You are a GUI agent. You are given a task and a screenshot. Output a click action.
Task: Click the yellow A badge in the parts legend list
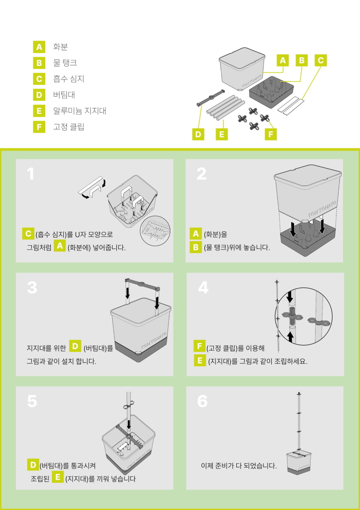(39, 47)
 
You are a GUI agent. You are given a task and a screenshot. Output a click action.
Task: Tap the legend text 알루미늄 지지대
(80, 111)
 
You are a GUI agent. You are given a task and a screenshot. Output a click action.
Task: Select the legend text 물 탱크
(65, 62)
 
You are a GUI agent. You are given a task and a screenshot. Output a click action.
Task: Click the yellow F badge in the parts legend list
(39, 127)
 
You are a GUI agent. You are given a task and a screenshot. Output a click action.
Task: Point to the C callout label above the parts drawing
(321, 60)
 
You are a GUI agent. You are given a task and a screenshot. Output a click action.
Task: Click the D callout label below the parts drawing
(198, 134)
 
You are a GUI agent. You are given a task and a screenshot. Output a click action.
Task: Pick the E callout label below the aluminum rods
(222, 134)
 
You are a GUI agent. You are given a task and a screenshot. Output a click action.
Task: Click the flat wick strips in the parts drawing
(292, 105)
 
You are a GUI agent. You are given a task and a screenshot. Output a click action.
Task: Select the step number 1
(30, 174)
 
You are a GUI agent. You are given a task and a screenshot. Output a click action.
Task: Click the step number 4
(204, 287)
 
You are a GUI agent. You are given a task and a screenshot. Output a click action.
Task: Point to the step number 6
(202, 401)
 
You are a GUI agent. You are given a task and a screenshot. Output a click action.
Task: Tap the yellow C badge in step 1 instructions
(28, 234)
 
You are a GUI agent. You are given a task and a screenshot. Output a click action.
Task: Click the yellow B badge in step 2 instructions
(196, 248)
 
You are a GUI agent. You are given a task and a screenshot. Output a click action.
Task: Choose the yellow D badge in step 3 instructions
(75, 346)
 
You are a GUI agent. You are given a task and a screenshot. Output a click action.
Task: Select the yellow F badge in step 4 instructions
(199, 346)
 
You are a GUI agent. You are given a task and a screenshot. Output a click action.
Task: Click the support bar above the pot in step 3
(142, 284)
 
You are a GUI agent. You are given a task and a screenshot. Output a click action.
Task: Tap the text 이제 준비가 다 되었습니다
(239, 466)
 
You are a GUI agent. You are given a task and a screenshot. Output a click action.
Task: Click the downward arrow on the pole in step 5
(129, 424)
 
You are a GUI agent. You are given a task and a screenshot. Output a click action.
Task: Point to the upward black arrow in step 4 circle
(291, 337)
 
